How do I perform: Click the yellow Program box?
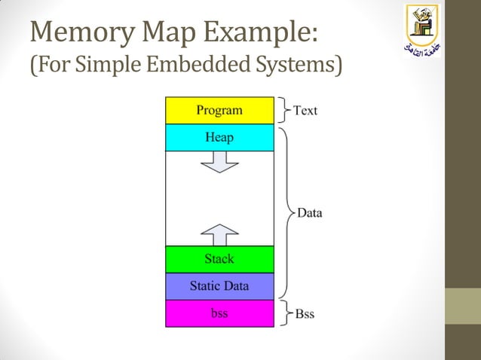pos(219,111)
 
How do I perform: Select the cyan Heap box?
pos(219,138)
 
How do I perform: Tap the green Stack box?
pos(219,259)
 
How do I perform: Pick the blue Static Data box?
pos(219,286)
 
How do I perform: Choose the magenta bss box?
pos(219,313)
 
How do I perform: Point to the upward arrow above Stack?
pos(219,235)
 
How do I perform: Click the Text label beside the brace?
pos(305,111)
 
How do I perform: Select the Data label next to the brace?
pos(309,212)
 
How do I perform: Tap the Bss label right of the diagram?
pos(305,313)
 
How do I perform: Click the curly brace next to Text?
pos(284,110)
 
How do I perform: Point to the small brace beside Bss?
pos(284,313)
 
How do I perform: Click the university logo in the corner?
pos(421,31)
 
